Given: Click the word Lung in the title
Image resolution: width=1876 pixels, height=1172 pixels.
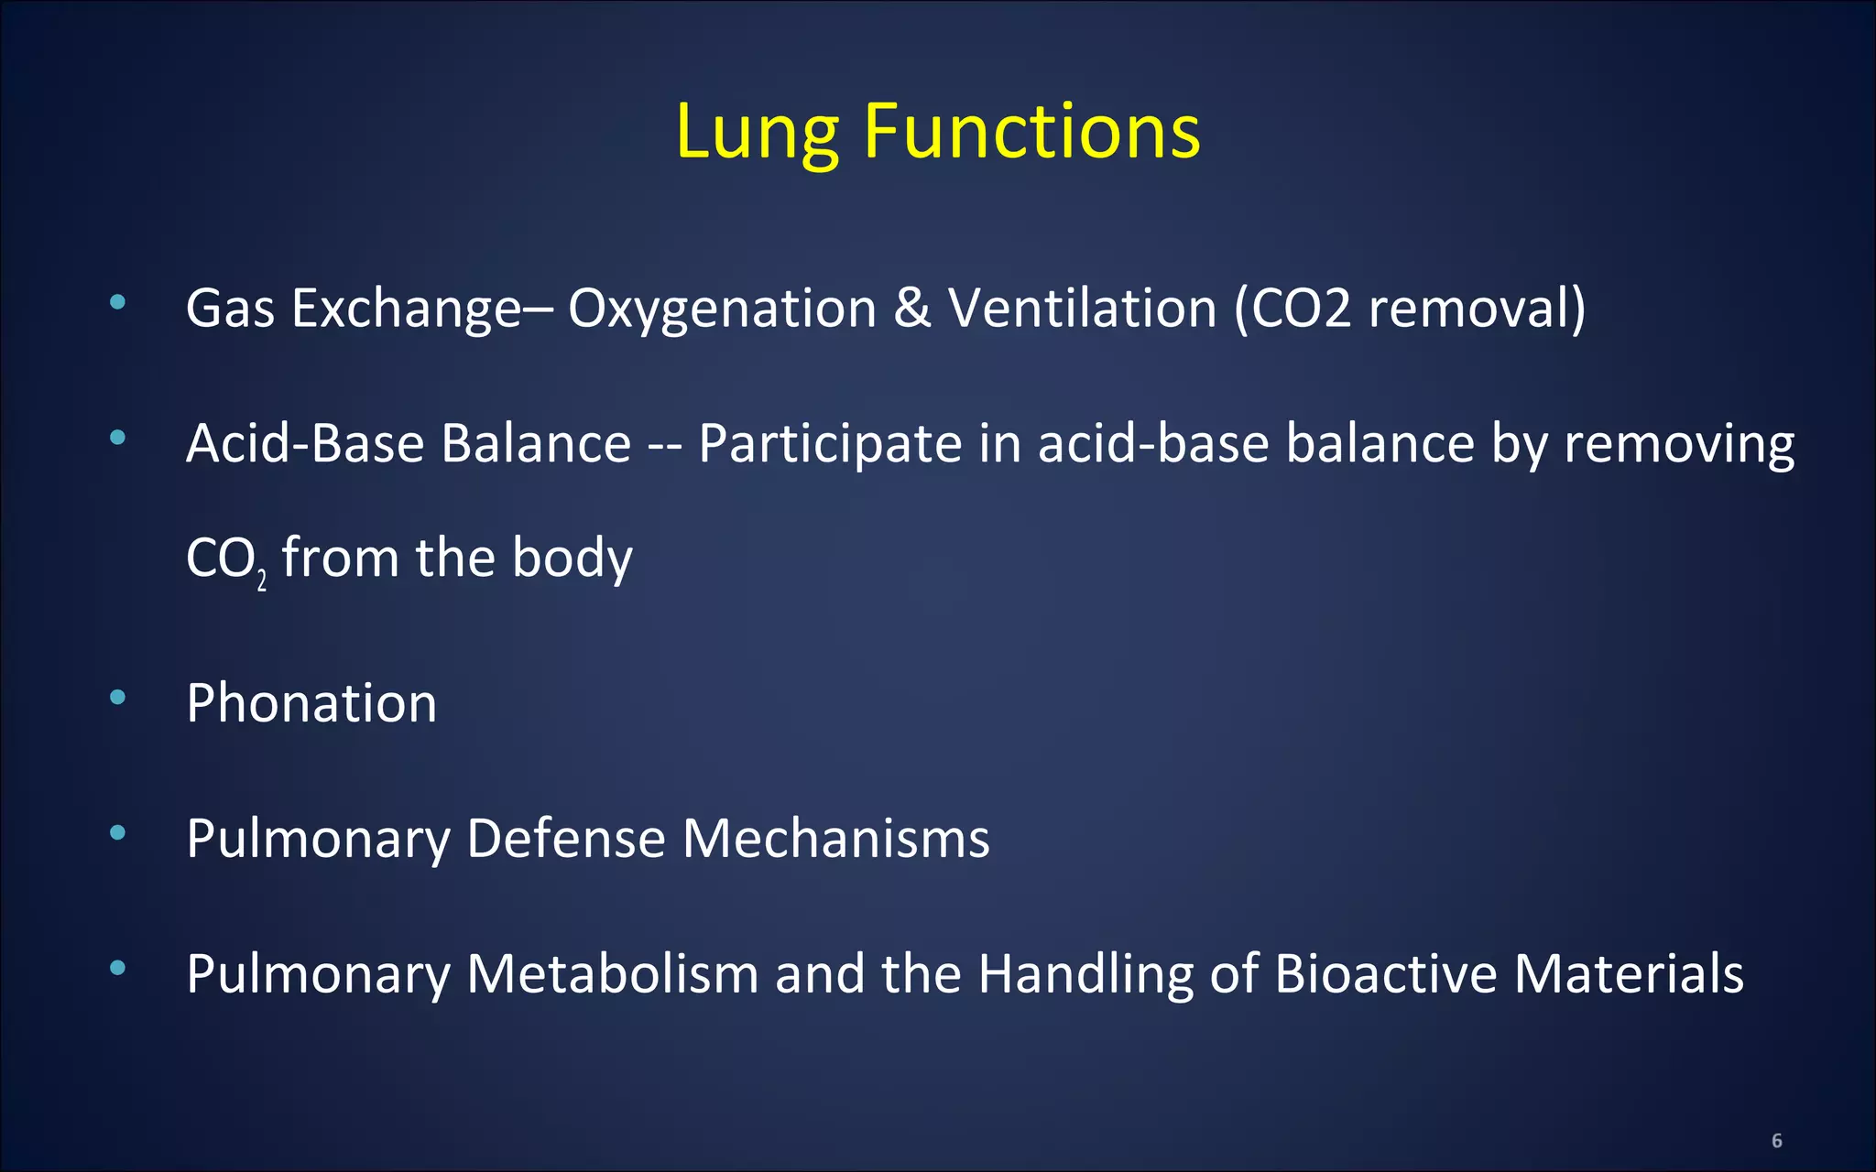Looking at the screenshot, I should (757, 133).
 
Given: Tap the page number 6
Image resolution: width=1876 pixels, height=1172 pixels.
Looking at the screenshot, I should (1776, 1141).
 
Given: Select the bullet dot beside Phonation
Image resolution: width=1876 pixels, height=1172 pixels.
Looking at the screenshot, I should (117, 698).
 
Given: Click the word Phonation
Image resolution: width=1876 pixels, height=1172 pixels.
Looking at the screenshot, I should (311, 703).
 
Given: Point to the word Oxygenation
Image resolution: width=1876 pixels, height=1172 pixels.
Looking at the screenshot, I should (722, 309).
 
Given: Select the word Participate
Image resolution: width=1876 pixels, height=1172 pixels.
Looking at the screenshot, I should (830, 444).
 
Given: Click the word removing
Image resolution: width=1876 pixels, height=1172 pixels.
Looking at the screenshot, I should (1678, 444).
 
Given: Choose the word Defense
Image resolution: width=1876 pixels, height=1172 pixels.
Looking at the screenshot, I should (565, 839).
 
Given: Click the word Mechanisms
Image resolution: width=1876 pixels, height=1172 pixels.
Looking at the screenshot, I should (835, 839).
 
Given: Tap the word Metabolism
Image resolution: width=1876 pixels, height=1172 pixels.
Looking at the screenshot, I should (612, 973).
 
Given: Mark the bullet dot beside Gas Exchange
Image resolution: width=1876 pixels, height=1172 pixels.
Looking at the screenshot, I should (117, 302).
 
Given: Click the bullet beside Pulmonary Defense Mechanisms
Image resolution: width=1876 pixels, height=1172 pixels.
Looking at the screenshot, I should (117, 833).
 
